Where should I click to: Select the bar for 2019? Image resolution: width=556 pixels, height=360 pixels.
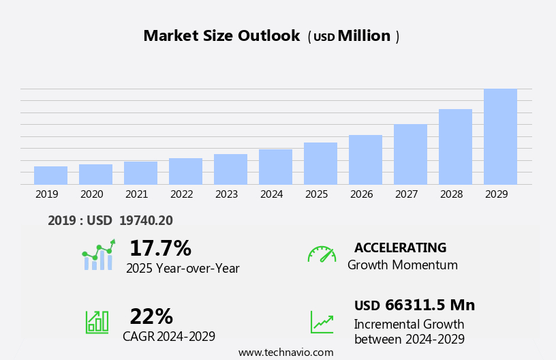click(50, 175)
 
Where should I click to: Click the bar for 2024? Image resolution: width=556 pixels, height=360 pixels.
click(275, 167)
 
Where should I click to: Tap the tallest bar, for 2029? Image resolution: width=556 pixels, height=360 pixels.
click(500, 136)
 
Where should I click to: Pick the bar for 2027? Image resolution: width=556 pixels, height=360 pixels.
click(410, 154)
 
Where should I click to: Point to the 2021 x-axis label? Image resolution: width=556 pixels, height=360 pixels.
click(136, 194)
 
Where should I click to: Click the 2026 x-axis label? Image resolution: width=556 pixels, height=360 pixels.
click(361, 194)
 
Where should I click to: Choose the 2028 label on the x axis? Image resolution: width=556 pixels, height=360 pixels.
click(451, 194)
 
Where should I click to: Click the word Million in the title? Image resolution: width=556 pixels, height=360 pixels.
click(364, 36)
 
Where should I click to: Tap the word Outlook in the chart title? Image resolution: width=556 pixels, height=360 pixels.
click(268, 36)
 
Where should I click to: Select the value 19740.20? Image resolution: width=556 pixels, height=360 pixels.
click(146, 220)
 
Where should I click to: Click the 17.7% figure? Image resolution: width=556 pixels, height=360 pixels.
click(160, 248)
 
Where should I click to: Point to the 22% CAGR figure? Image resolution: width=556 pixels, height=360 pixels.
click(151, 316)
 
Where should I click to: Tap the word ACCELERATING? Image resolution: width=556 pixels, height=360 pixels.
click(400, 247)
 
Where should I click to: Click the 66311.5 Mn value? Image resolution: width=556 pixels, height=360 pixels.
click(430, 305)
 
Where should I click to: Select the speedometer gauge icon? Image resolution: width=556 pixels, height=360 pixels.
click(322, 254)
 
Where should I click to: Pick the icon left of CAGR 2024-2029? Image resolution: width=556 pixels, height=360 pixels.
click(97, 321)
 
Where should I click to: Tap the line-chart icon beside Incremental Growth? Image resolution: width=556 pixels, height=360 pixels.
click(322, 322)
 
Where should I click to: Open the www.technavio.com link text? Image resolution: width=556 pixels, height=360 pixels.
click(285, 352)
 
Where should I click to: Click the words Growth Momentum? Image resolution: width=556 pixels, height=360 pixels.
click(402, 265)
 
